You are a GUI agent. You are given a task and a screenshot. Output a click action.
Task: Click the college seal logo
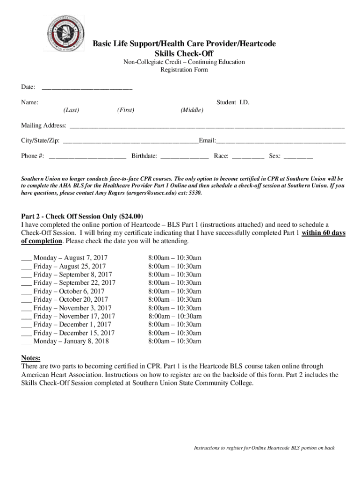pos(65,33)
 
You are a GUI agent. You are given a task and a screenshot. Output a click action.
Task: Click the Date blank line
pos(87,88)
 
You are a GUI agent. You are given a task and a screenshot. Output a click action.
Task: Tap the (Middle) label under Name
pos(192,110)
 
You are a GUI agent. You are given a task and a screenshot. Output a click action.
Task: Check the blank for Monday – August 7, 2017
pos(26,258)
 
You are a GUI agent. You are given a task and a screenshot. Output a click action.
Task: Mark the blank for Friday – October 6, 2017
pos(26,291)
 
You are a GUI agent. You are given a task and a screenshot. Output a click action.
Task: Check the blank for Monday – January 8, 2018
pos(26,341)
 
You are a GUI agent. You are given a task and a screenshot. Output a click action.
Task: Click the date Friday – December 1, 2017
pos(72,324)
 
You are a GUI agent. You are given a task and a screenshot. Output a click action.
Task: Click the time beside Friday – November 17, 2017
pos(175,316)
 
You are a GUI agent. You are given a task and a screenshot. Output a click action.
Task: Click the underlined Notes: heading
pos(30,358)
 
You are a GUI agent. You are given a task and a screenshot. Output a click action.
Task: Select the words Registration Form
pos(184,70)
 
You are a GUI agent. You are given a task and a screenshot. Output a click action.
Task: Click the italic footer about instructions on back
pos(264,448)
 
